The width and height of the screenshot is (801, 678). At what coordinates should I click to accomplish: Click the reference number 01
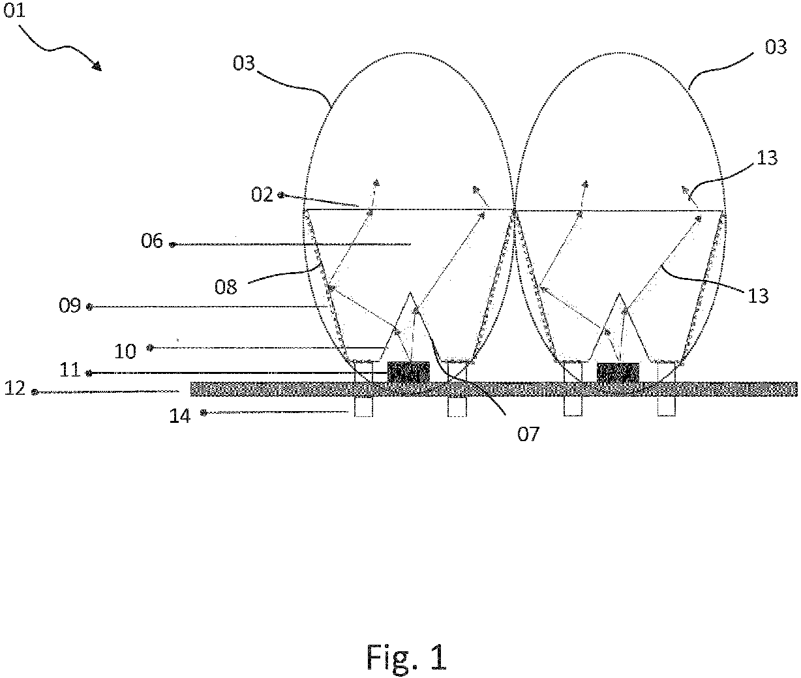click(14, 10)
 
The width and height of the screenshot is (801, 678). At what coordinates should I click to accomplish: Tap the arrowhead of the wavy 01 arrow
click(97, 66)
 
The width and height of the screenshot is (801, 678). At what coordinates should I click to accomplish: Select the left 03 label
click(244, 63)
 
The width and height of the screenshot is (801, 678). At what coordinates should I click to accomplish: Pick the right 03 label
click(776, 47)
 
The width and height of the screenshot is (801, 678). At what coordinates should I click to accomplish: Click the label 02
click(262, 194)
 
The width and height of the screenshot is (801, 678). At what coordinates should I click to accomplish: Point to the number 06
click(152, 241)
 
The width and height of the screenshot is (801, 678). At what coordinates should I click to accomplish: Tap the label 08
click(226, 288)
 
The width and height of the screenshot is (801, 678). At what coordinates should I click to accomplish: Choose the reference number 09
click(70, 306)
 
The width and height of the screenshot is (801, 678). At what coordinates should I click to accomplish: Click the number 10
click(125, 352)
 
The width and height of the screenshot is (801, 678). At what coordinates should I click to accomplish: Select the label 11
click(70, 370)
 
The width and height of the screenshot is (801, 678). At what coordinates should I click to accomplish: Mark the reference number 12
click(15, 388)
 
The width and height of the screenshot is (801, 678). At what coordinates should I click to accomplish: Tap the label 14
click(180, 416)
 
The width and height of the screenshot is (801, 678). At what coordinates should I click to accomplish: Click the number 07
click(528, 434)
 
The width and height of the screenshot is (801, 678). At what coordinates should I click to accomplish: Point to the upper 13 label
click(767, 158)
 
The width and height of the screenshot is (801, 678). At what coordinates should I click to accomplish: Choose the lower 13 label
click(757, 296)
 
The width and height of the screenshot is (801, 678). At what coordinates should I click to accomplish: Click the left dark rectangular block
click(409, 373)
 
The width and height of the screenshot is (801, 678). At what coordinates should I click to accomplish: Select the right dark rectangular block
click(618, 373)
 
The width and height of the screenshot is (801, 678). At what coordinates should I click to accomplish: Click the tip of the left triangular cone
click(410, 292)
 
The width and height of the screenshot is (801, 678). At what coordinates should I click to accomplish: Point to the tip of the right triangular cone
click(619, 294)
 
